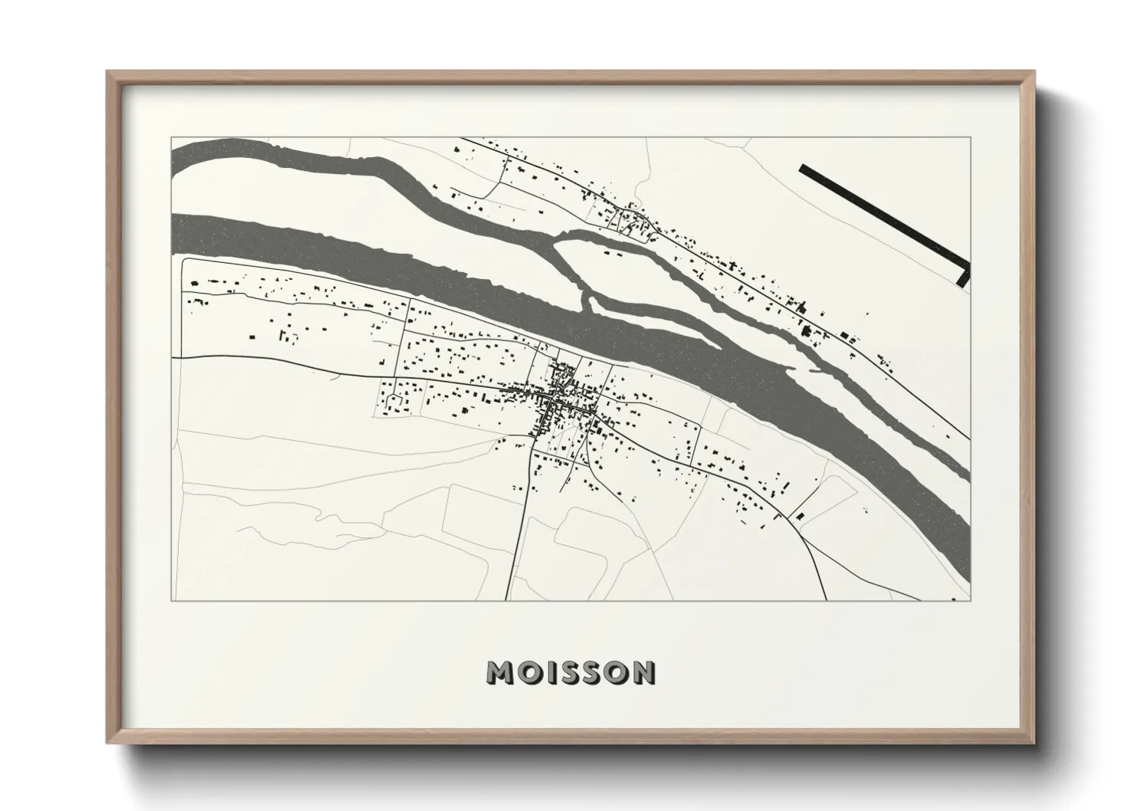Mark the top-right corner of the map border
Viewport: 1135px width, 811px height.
(970, 138)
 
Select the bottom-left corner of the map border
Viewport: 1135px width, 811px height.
(172, 600)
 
